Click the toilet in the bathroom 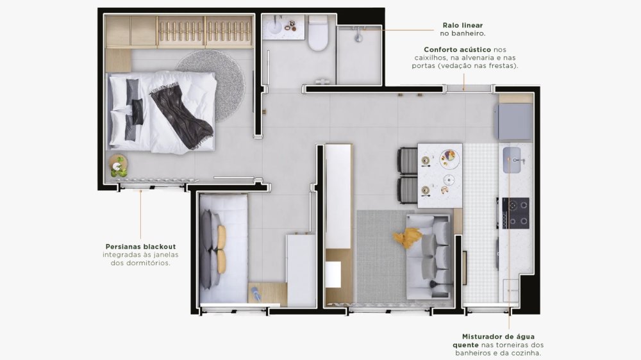pyautogui.click(x=318, y=33)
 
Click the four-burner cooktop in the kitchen pyautogui.click(x=515, y=213)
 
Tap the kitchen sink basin pyautogui.click(x=512, y=160)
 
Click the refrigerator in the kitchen pyautogui.click(x=515, y=122)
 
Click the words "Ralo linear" pyautogui.click(x=462, y=26)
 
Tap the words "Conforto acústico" pyautogui.click(x=457, y=50)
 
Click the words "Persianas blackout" pyautogui.click(x=140, y=247)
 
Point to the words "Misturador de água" pyautogui.click(x=498, y=337)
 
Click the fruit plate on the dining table pyautogui.click(x=449, y=158)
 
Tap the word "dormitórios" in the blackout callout pyautogui.click(x=147, y=263)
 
